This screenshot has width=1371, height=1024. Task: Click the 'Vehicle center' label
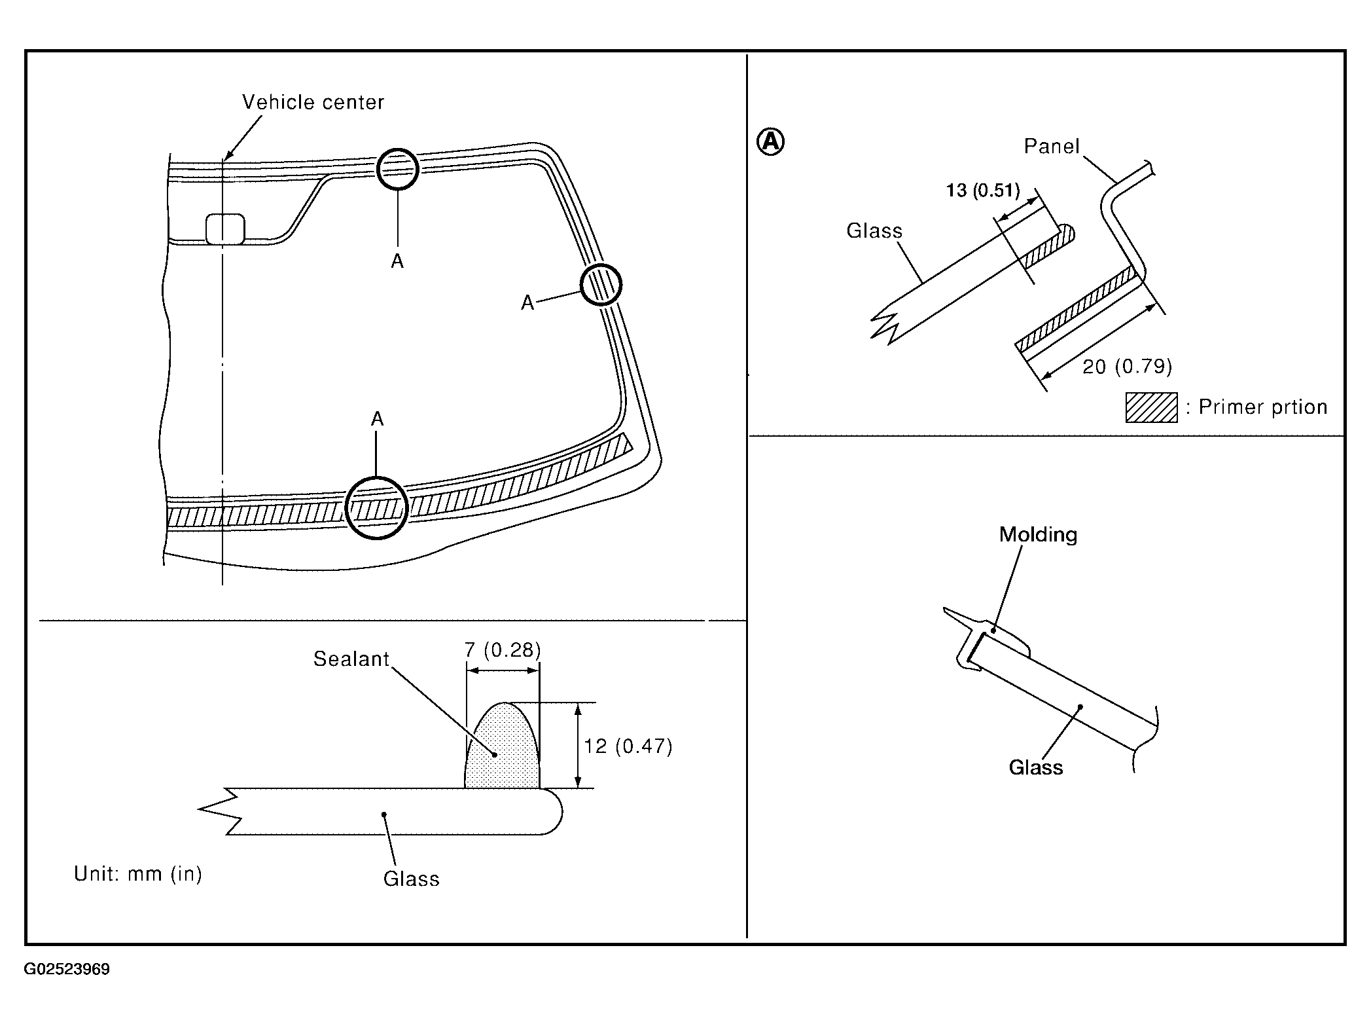[313, 102]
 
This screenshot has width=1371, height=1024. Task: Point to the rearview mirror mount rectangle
[225, 229]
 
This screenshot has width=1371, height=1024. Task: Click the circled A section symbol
[770, 141]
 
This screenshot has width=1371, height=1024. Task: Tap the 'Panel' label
[1052, 146]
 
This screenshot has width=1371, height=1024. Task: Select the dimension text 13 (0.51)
[983, 191]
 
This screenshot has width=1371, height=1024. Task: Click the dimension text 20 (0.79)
[1127, 366]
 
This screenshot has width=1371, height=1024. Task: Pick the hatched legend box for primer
[1151, 407]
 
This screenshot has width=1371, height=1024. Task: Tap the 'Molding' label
[1038, 534]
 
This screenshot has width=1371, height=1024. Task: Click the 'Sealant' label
[351, 659]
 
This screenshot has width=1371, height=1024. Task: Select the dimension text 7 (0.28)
[503, 649]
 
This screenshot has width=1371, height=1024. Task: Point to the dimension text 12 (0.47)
[628, 746]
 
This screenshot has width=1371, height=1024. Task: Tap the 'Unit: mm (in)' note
[138, 874]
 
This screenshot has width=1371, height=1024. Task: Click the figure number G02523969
[67, 969]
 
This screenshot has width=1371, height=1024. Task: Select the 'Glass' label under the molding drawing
[1036, 767]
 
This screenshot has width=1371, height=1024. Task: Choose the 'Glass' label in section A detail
[874, 230]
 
